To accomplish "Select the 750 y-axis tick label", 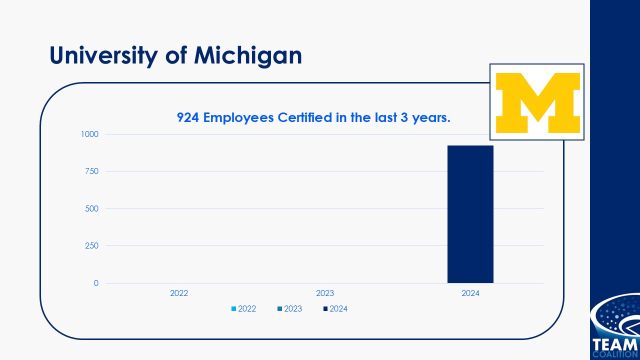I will pos(92,171).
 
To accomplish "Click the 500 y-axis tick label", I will pos(92,208).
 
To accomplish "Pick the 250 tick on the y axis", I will pos(92,246).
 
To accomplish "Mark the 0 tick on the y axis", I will pos(96,283).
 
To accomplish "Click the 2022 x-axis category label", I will pos(179,293).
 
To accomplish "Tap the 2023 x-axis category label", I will pos(325,293).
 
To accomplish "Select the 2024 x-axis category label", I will pos(470,293).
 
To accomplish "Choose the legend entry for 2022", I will pos(243,309).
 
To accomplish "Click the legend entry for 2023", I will pos(289,309).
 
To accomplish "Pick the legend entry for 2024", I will pos(335,309).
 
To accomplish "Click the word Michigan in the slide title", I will pos(248,56).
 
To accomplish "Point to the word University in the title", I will pos(103,56).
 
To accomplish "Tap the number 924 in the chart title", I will pos(188,117).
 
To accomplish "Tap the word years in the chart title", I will pos(431,117).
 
